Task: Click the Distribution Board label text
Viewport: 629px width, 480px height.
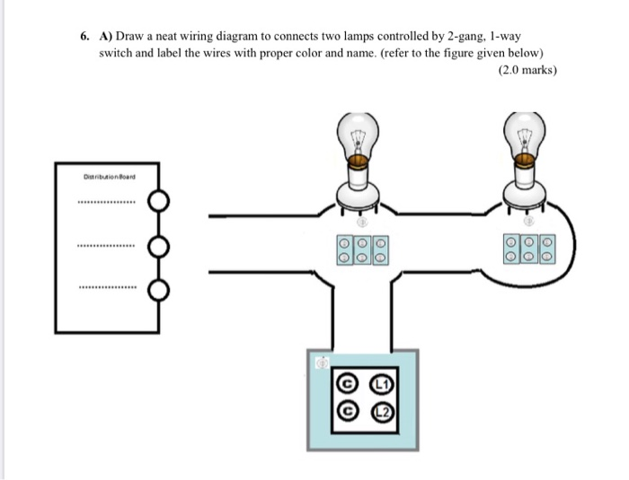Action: point(106,177)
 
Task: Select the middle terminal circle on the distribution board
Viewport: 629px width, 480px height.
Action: point(159,245)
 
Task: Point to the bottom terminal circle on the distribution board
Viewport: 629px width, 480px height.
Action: point(159,289)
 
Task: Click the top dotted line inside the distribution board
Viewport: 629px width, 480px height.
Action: point(107,202)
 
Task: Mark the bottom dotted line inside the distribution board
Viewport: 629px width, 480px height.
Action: point(107,289)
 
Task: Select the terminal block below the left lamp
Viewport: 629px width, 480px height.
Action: point(362,249)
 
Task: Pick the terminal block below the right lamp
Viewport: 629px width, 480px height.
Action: point(529,249)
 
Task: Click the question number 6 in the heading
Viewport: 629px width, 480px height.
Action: point(83,38)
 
